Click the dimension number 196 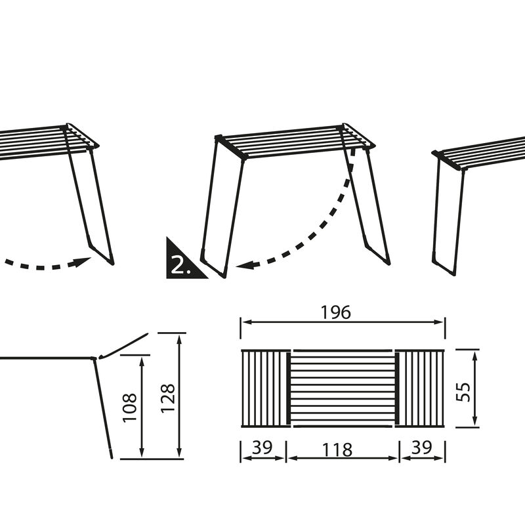pyautogui.click(x=336, y=312)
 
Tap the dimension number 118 pyautogui.click(x=337, y=450)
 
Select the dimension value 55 pyautogui.click(x=463, y=392)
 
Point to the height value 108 pyautogui.click(x=130, y=408)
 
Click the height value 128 pyautogui.click(x=168, y=398)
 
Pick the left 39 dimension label pyautogui.click(x=262, y=447)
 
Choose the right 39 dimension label pyautogui.click(x=421, y=447)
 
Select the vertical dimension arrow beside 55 pyautogui.click(x=474, y=388)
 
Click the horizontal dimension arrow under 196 pyautogui.click(x=343, y=322)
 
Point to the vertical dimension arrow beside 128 pyautogui.click(x=179, y=396)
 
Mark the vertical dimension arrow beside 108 pyautogui.click(x=142, y=407)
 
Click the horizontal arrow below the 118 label pyautogui.click(x=343, y=458)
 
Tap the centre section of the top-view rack pyautogui.click(x=343, y=388)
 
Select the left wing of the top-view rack pyautogui.click(x=266, y=388)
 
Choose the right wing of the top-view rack pyautogui.click(x=420, y=388)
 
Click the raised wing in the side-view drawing pyautogui.click(x=124, y=346)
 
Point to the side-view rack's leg pyautogui.click(x=103, y=408)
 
